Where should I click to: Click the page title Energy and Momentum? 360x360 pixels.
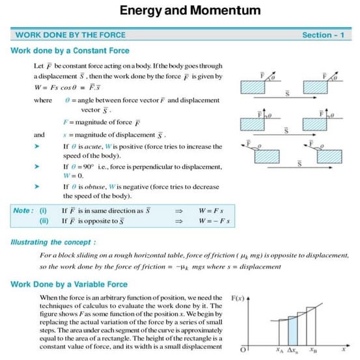point(181,10)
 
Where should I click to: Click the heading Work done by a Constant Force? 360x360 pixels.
point(70,51)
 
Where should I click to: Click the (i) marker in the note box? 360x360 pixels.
point(43,211)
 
